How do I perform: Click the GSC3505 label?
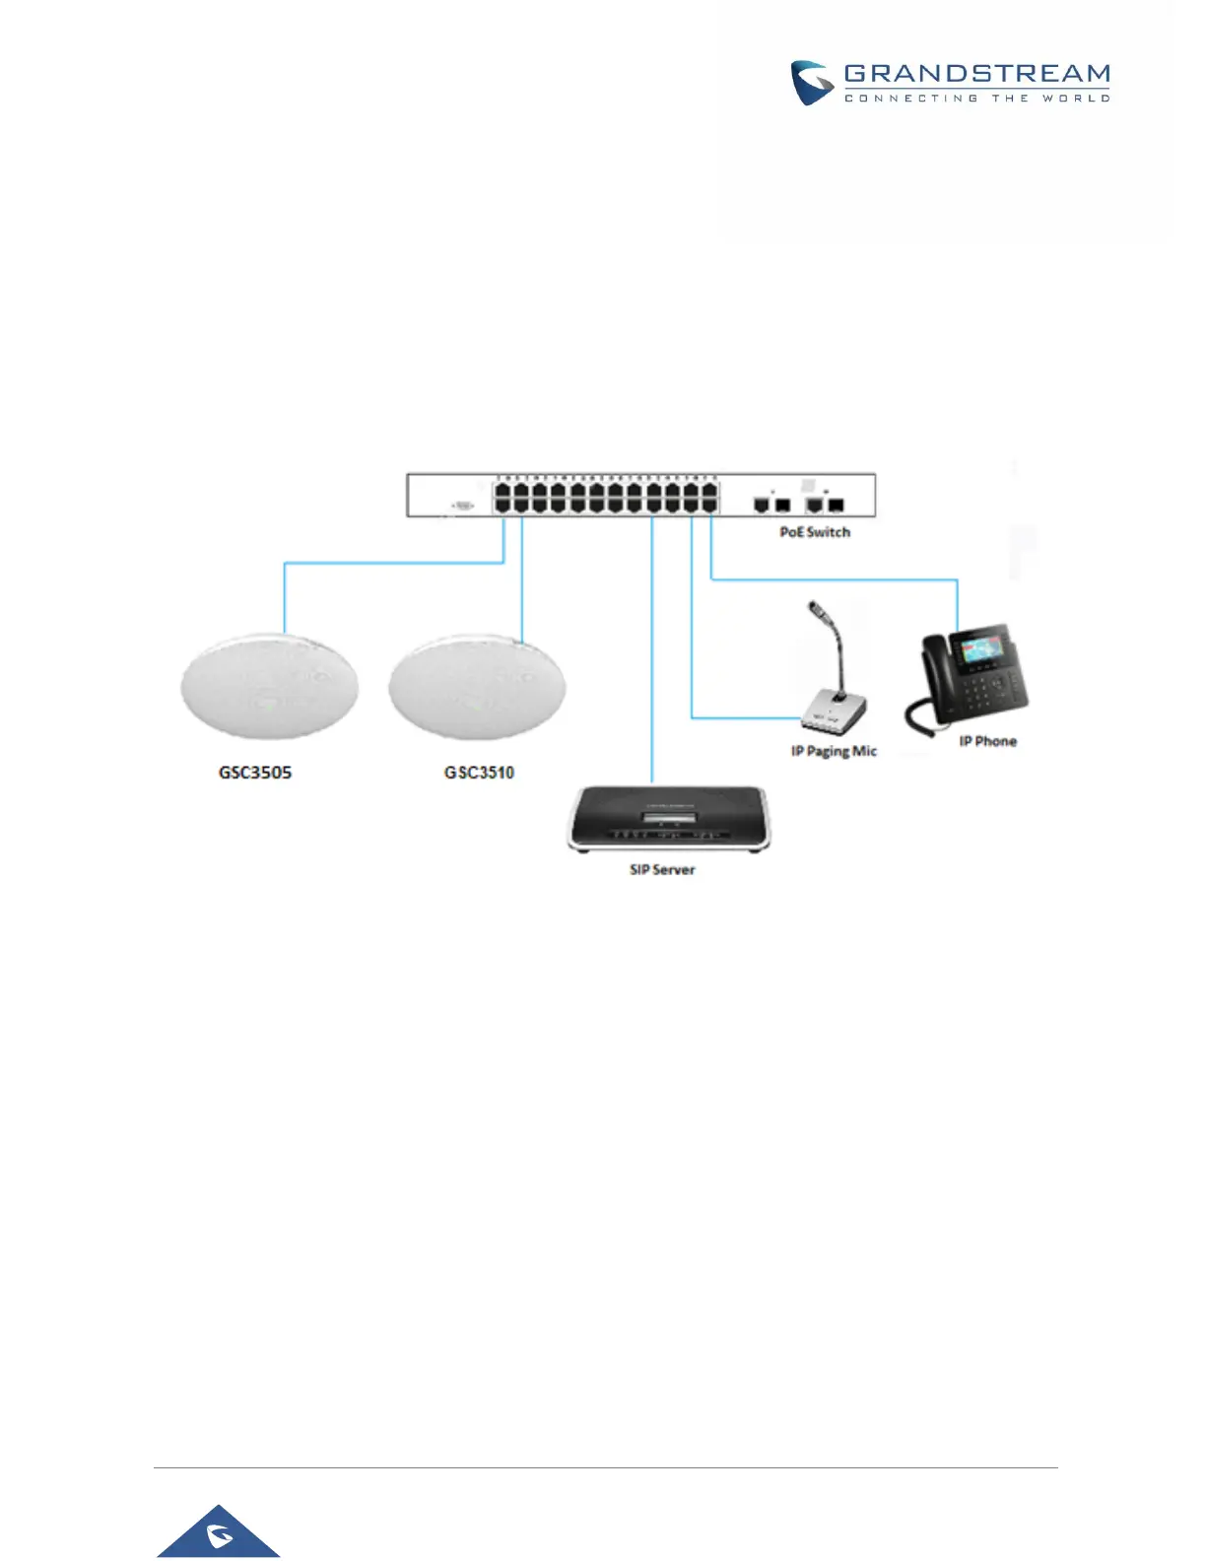coord(255,773)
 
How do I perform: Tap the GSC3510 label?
coord(479,773)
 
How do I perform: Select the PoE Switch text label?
coord(815,532)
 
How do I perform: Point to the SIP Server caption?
coord(662,870)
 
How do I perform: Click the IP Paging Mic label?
coord(834,751)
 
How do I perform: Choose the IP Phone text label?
coord(987,741)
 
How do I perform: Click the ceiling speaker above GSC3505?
coord(269,686)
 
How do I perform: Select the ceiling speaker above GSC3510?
coord(477,686)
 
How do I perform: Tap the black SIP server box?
coord(669,816)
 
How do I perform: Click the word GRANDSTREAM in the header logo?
coord(976,74)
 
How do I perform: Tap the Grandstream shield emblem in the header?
coord(813,83)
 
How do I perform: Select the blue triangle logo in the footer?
coord(219,1532)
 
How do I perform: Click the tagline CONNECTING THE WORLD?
coord(976,99)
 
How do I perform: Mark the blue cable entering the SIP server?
coord(652,650)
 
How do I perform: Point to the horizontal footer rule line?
coord(605,1467)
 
